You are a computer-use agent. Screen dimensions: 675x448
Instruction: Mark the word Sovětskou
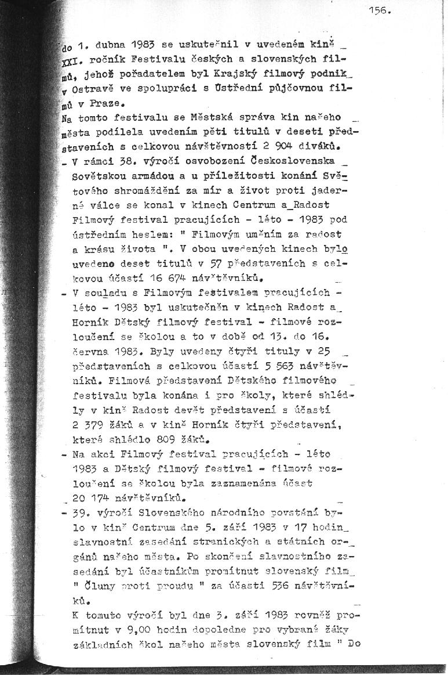[x=95, y=174]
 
